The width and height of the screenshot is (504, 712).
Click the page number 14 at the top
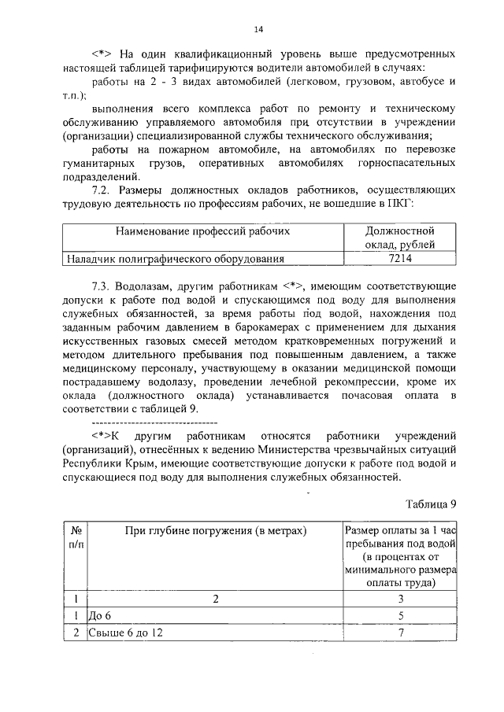pyautogui.click(x=258, y=29)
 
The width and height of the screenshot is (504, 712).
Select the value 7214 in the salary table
pyautogui.click(x=400, y=257)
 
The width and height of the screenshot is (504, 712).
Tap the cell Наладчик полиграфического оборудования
pyautogui.click(x=174, y=257)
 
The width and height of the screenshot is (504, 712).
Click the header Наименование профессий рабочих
pyautogui.click(x=202, y=231)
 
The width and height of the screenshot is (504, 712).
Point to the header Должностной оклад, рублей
pyautogui.click(x=400, y=238)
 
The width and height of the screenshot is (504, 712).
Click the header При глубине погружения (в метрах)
pyautogui.click(x=214, y=532)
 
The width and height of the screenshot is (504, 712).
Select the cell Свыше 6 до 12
pyautogui.click(x=124, y=633)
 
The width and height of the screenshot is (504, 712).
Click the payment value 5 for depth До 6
pyautogui.click(x=400, y=615)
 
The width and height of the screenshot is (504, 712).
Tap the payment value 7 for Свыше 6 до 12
pyautogui.click(x=400, y=633)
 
